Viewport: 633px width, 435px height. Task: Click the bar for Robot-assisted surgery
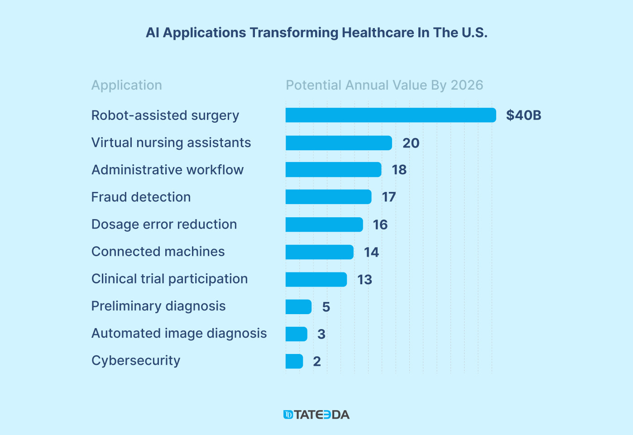point(390,115)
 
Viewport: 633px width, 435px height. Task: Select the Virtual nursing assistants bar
point(338,143)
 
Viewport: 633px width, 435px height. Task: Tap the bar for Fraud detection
point(328,197)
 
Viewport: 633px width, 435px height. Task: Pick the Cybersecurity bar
point(294,361)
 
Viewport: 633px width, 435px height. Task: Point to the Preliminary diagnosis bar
point(298,307)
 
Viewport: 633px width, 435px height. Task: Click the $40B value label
point(523,115)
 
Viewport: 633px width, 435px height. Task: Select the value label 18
point(399,170)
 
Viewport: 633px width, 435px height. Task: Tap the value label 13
point(364,280)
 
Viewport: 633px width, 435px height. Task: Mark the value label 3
point(321,334)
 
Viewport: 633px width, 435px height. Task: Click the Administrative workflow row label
point(168,170)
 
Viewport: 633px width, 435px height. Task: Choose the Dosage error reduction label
point(164,224)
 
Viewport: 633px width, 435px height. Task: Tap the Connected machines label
point(158,251)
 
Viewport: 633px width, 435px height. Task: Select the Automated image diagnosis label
point(179,333)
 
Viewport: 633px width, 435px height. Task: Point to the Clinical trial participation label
point(169,279)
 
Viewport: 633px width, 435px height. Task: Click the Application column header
point(127,85)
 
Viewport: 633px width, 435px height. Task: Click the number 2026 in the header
point(467,85)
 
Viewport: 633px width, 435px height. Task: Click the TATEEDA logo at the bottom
point(316,415)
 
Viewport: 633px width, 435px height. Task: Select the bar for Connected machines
point(319,252)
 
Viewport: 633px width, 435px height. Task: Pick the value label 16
point(380,225)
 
